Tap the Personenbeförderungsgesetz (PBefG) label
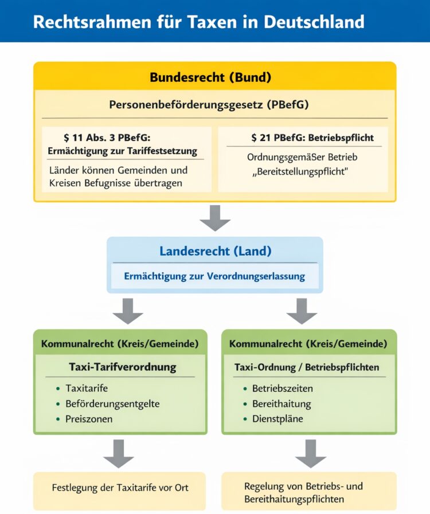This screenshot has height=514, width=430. coord(215,105)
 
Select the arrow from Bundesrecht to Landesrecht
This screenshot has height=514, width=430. coord(215,218)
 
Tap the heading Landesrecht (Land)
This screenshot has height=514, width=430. coord(215,251)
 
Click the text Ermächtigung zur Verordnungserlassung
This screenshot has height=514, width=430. coord(214,276)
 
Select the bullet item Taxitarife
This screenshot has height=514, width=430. coord(87,389)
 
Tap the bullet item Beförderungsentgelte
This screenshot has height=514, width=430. coord(112,403)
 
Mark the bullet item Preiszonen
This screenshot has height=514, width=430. coord(89,419)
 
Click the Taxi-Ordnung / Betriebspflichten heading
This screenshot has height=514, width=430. coord(307,367)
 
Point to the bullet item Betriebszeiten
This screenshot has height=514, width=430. coord(283,389)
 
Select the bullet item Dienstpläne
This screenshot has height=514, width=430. coord(277,419)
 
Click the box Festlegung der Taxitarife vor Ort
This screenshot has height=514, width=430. coord(120,488)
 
